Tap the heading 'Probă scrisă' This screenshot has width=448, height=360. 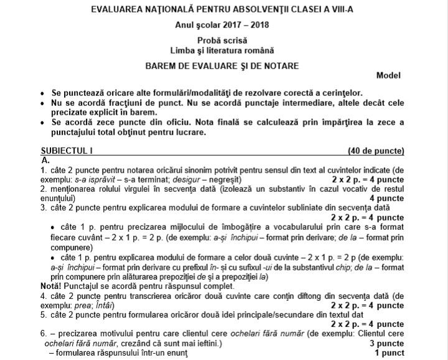coord(224,40)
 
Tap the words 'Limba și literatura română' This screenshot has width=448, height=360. coord(224,50)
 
